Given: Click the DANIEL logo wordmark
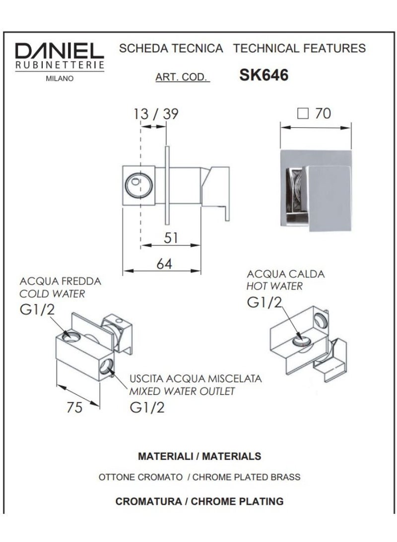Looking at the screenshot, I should pos(59,51).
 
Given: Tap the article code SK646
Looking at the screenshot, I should pos(264,75).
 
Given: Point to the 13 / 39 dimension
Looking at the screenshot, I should pos(156,114).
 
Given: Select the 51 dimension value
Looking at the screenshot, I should pos(170,238).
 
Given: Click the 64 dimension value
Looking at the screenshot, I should pos(164,264).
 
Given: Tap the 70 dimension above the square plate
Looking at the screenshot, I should pos(323,114).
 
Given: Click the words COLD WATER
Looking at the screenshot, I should pos(52,294).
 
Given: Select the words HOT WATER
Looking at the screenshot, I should pos(274,286).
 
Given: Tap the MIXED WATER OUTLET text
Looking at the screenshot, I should pos(182,391).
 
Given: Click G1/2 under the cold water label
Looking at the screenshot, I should pos(37,310).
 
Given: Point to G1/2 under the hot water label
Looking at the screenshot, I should pos(265,303).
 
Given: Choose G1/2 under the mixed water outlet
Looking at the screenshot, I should pos(147,407).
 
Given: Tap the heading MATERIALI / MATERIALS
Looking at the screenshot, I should pos(199,456).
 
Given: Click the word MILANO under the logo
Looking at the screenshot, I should pos(59,78).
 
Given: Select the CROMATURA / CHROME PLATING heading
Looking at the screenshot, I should pos(199,501).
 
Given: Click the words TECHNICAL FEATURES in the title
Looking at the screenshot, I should pos(299,48).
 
